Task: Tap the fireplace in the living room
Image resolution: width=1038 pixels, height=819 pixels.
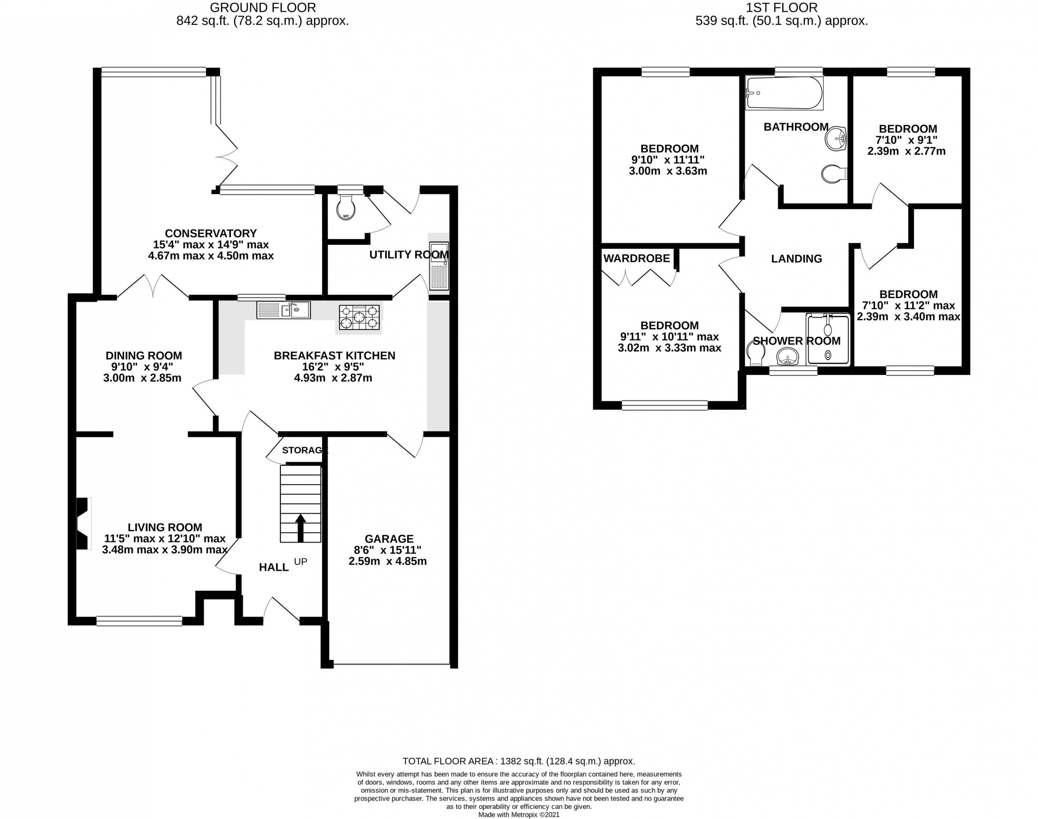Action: (83, 523)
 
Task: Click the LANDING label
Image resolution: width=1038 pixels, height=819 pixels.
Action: (796, 259)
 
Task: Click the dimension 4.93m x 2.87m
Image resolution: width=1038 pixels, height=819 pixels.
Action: (333, 378)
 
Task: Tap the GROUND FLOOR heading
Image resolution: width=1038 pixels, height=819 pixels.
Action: (263, 8)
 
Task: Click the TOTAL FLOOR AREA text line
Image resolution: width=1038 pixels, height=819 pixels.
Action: (519, 761)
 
